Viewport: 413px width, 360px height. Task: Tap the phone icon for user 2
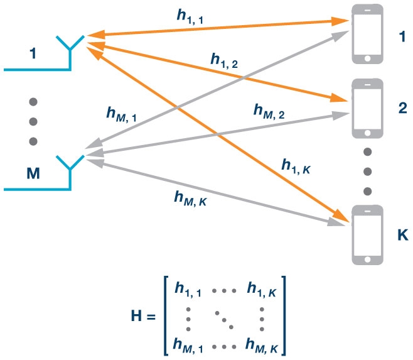point(368,108)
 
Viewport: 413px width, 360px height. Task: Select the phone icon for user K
point(368,235)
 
